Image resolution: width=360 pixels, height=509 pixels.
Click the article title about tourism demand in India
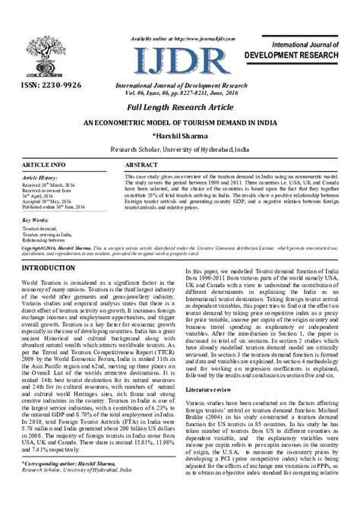click(179, 122)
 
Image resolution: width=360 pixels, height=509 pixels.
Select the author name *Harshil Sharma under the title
click(179, 135)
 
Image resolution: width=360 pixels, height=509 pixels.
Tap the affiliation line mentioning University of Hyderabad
click(179, 150)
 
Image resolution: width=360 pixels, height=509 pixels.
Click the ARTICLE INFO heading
click(43, 165)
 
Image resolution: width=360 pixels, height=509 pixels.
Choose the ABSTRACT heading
click(141, 165)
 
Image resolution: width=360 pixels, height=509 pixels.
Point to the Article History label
click(41, 177)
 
